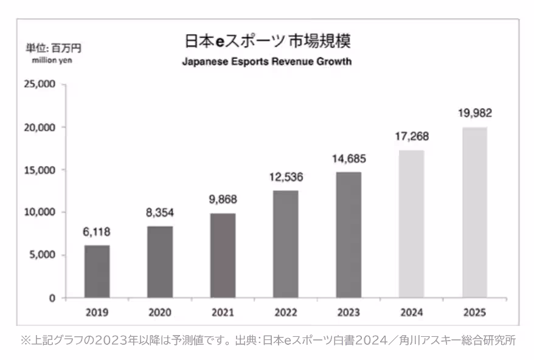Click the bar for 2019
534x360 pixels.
97,271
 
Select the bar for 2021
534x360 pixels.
223,255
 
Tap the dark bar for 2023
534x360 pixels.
348,235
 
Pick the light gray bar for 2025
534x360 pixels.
474,212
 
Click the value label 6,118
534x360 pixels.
97,232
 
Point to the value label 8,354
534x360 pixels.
159,213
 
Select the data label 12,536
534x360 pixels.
285,178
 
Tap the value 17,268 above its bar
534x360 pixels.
411,137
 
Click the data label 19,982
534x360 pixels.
474,113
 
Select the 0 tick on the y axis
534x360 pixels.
52,298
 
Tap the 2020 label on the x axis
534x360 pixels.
159,313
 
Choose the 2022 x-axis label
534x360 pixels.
285,313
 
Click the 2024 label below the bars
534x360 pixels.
411,313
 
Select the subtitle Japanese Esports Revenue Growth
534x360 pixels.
267,61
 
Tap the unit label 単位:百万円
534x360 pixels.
53,47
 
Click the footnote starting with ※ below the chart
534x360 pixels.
268,341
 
